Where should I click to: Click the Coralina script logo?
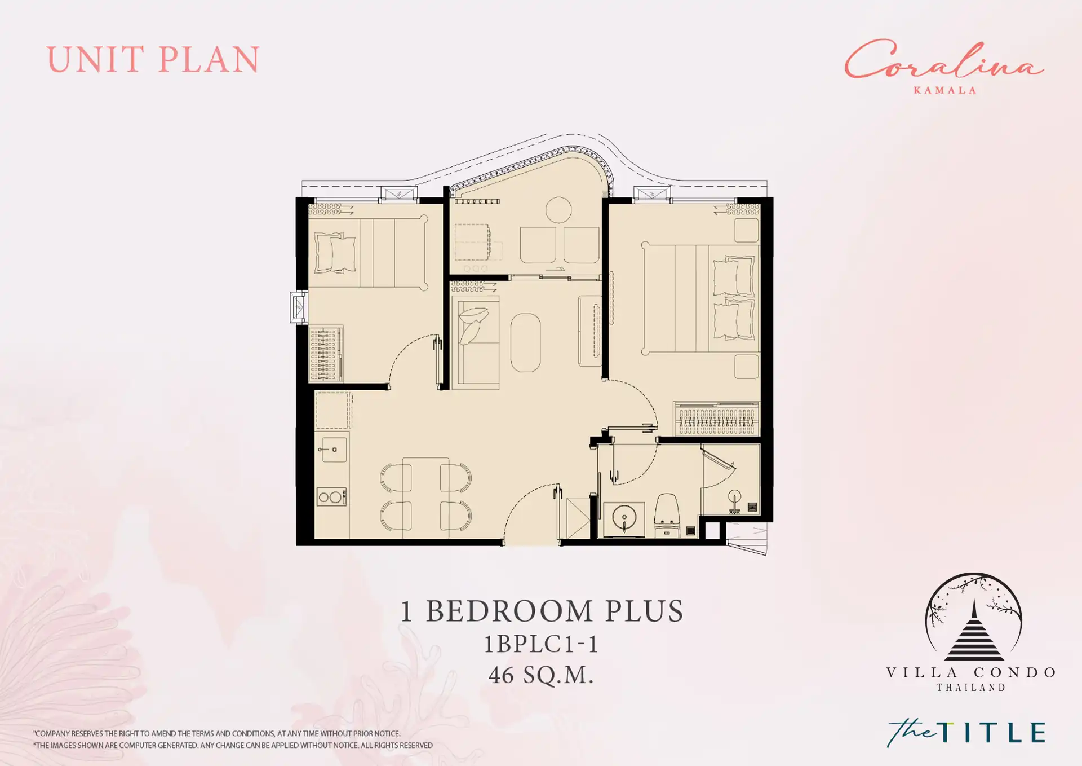944,60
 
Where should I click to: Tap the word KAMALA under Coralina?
945,90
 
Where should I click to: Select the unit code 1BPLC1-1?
541,644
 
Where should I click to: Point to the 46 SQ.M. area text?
541,675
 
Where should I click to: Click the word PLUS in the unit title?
644,611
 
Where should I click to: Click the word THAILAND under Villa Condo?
971,688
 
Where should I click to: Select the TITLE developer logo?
966,733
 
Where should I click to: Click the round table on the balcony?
558,210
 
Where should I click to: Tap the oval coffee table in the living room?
526,343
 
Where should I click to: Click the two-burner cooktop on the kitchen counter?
331,497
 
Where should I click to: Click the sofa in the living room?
476,342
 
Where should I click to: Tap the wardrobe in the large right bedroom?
716,419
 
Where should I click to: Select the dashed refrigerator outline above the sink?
334,411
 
